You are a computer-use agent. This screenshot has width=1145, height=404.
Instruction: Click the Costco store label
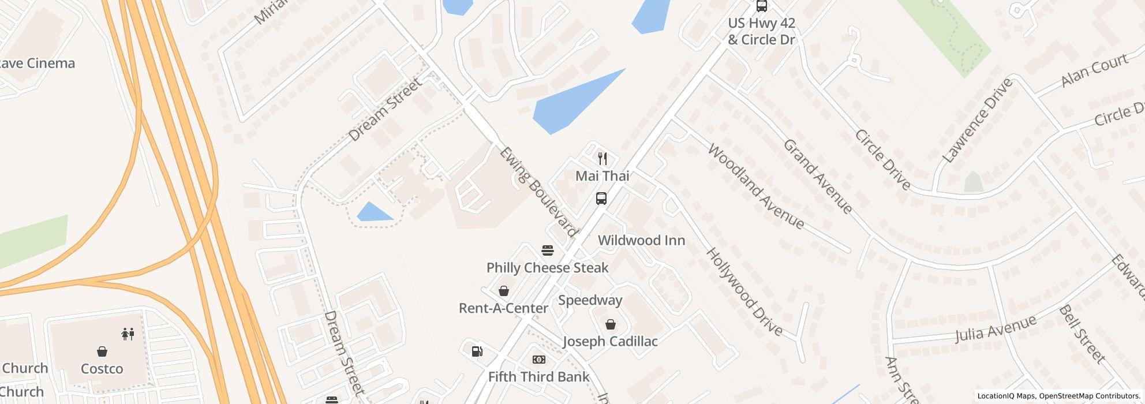coord(102,369)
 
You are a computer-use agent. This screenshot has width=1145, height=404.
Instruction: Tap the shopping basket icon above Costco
coord(102,351)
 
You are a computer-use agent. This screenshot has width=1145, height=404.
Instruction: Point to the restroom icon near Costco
coord(128,334)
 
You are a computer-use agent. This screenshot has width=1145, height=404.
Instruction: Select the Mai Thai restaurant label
coord(602,176)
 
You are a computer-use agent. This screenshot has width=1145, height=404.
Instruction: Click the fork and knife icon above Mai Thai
coord(603,158)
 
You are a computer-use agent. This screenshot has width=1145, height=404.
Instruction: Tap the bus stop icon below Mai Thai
coord(601,199)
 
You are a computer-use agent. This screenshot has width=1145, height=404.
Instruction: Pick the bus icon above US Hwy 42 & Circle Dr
coord(762,6)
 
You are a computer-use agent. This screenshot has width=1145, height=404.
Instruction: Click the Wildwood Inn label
coord(641,241)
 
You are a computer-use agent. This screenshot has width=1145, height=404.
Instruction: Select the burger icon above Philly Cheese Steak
coord(548,250)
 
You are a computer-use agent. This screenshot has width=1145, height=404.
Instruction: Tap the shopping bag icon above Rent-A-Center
coord(504,290)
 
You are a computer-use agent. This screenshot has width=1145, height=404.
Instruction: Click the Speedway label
coord(590,300)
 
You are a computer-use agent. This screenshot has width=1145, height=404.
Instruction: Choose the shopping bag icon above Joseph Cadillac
coord(610,324)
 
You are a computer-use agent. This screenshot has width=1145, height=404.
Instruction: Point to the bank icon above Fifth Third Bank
coord(539,360)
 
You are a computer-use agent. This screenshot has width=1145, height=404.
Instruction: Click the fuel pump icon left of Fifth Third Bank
coord(477,351)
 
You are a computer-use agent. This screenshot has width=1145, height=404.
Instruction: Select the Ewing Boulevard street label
coord(538,192)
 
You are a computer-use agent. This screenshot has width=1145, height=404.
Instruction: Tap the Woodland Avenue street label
coord(755,186)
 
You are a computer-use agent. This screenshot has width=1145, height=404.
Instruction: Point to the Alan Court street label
coord(1094,70)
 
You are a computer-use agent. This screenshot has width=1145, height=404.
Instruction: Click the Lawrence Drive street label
coord(977,120)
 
